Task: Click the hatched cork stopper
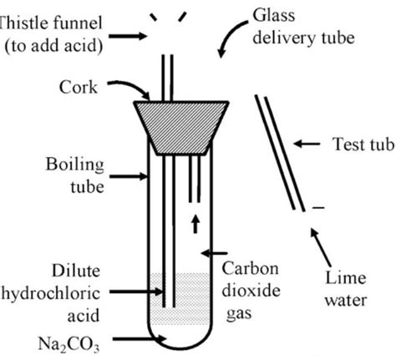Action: (x=180, y=120)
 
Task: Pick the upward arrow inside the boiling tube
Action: (x=197, y=223)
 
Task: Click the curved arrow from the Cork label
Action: (x=132, y=87)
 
